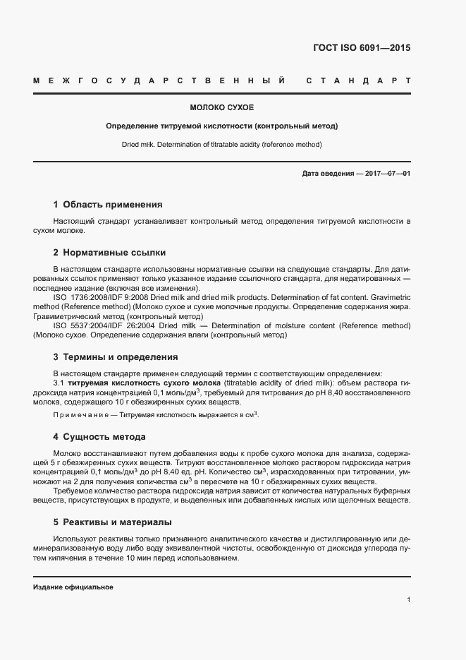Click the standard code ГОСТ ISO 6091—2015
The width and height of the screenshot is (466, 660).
pos(361,49)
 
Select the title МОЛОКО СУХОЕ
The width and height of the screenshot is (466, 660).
pos(221,108)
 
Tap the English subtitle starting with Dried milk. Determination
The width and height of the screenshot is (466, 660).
pos(221,144)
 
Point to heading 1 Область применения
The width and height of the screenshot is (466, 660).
pos(108,205)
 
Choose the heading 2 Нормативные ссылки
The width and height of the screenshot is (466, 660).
pos(109,253)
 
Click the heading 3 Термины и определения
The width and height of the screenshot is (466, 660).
pos(116,356)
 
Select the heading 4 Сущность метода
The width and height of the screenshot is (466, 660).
pos(99,436)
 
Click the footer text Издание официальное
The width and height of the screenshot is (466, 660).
pos(73,587)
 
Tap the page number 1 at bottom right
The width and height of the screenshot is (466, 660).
pos(408,599)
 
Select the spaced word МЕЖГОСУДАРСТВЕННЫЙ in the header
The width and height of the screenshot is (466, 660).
pos(159,82)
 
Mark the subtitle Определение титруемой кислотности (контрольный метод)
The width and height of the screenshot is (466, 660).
pos(221,126)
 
